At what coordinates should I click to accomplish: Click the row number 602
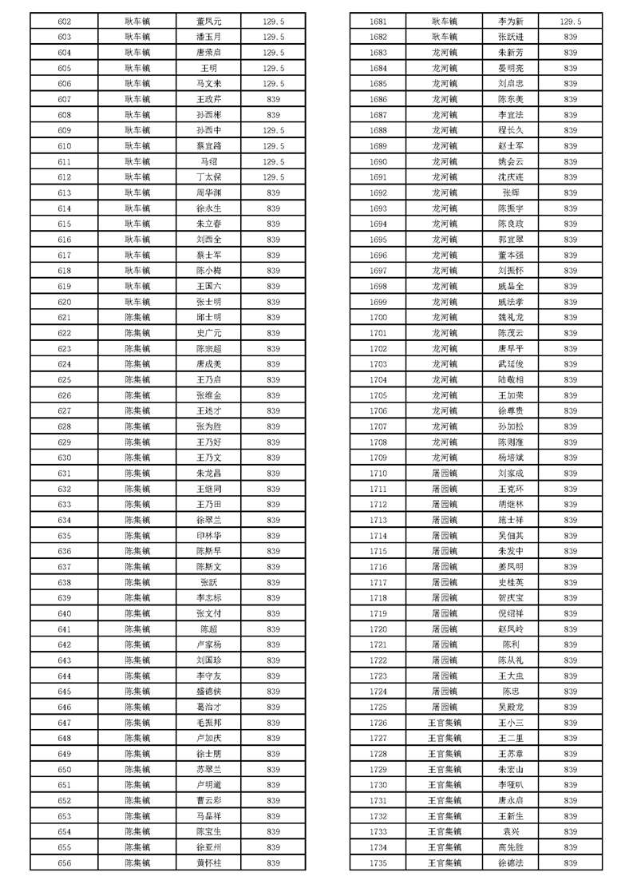(65, 22)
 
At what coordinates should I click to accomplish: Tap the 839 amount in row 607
(274, 99)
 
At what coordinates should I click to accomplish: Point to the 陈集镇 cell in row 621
(137, 317)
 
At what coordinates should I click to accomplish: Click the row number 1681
(378, 22)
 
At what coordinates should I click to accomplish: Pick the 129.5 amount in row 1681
(571, 22)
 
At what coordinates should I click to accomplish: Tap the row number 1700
(378, 317)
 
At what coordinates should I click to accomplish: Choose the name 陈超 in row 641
(209, 629)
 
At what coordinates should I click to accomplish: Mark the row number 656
(65, 862)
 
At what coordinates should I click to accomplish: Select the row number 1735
(378, 862)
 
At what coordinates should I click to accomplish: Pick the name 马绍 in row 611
(209, 161)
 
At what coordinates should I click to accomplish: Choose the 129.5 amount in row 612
(274, 177)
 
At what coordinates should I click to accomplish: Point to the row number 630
(65, 458)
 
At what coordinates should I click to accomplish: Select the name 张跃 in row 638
(209, 582)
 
